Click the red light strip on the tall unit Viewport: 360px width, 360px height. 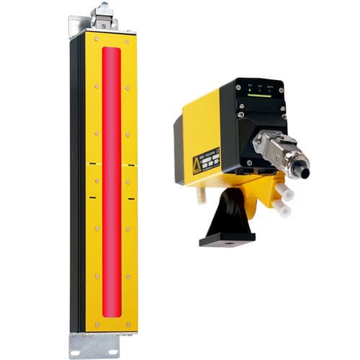[112, 180]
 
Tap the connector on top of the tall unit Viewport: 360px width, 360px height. [104, 16]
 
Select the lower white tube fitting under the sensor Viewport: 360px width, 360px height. [282, 208]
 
